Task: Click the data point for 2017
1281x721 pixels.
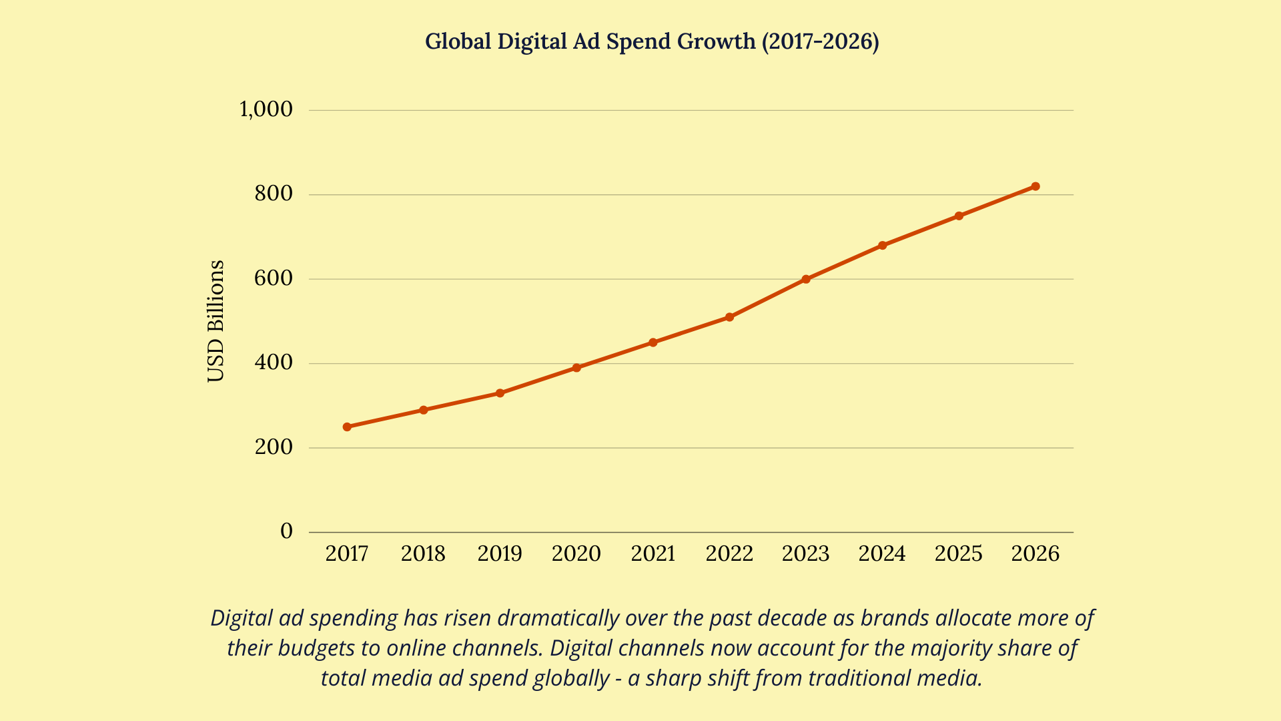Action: pyautogui.click(x=347, y=427)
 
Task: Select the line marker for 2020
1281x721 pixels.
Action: pyautogui.click(x=576, y=368)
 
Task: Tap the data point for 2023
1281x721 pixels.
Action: pyautogui.click(x=806, y=279)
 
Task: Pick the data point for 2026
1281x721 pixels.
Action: pyautogui.click(x=1035, y=186)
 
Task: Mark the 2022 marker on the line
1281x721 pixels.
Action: pyautogui.click(x=729, y=317)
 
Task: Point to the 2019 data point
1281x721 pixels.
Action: pyautogui.click(x=500, y=393)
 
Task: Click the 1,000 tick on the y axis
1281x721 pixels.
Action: pyautogui.click(x=266, y=109)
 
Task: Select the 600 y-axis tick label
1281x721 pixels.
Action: pyautogui.click(x=274, y=278)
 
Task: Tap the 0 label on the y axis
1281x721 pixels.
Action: pyautogui.click(x=286, y=531)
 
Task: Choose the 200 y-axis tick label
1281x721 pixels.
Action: pyautogui.click(x=274, y=447)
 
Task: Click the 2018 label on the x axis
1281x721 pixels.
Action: pyautogui.click(x=423, y=553)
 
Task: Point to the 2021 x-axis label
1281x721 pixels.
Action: pyautogui.click(x=653, y=553)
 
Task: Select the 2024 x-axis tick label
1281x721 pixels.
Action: pyautogui.click(x=882, y=553)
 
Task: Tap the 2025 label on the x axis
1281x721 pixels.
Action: pyautogui.click(x=959, y=553)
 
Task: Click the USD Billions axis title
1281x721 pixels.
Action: pyautogui.click(x=216, y=321)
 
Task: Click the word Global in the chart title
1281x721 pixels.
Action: pyautogui.click(x=458, y=41)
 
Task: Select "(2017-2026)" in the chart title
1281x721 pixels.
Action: pyautogui.click(x=820, y=41)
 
